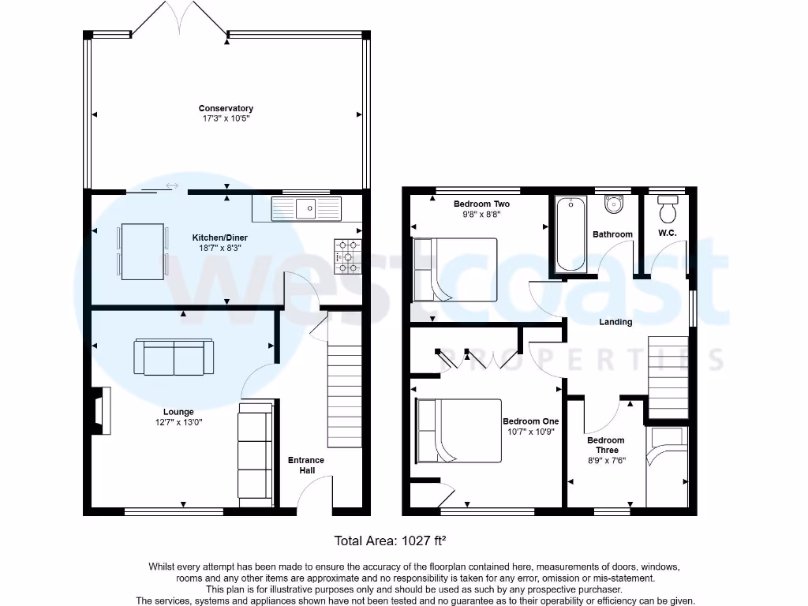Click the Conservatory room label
pos(226,108)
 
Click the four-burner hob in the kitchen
pos(348,257)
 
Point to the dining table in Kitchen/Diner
pos(143,252)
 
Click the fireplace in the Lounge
pos(100,410)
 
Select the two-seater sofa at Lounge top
pos(174,357)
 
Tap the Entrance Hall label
pos(306,465)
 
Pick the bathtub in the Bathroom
pos(569,234)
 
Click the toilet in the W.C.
pos(668,211)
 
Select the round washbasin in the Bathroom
pos(614,205)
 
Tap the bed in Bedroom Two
pos(454,270)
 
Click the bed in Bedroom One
pos(458,431)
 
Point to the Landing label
pos(615,322)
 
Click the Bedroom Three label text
pos(605,445)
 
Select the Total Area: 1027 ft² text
pos(391,541)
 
